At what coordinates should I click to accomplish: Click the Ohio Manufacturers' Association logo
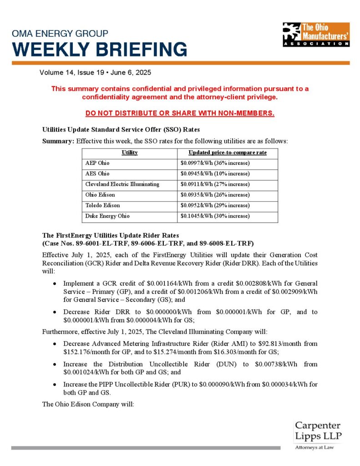315,34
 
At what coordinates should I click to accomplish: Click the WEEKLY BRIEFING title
99,49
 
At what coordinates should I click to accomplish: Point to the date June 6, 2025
133,72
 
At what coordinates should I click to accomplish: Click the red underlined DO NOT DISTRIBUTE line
180,113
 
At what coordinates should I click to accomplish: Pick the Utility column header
130,152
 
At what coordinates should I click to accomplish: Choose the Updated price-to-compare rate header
228,152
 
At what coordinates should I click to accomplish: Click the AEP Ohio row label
97,163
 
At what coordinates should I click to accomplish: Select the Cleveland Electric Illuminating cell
122,184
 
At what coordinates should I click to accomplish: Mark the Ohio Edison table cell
100,195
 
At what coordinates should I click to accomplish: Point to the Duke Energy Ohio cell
107,216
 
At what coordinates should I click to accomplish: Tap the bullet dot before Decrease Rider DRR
55,312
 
